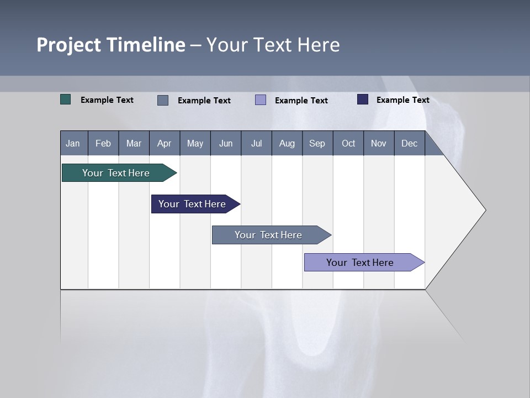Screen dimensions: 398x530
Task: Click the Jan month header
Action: click(73, 143)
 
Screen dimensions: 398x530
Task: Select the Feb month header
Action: click(103, 143)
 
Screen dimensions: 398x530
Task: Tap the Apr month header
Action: click(164, 143)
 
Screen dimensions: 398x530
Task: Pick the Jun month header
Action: click(226, 143)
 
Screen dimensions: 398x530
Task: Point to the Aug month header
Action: click(287, 143)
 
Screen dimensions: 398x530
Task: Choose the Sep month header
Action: click(317, 143)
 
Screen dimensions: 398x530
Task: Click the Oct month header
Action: click(348, 143)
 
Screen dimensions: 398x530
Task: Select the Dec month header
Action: click(409, 143)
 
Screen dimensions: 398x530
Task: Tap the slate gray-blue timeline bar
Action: click(269, 235)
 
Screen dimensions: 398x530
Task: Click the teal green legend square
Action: click(66, 99)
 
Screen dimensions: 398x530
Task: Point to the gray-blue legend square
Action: click(163, 100)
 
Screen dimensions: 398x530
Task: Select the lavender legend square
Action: click(261, 100)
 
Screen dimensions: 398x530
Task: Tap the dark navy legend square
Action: click(363, 99)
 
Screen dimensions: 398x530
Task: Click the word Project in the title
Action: click(68, 45)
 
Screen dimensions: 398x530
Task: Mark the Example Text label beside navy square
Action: click(402, 100)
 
